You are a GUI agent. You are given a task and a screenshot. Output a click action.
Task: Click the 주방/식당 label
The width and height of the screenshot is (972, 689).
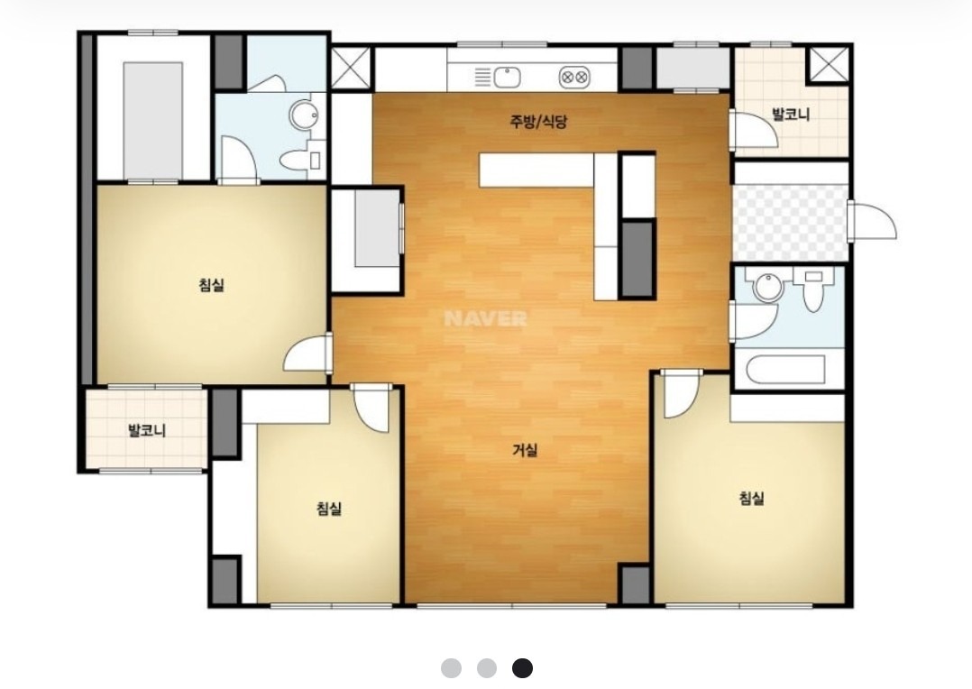tap(538, 121)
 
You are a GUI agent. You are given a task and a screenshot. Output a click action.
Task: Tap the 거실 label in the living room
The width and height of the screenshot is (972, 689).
tap(525, 450)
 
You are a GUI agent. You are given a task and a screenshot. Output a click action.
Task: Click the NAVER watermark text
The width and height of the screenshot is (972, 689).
tap(485, 318)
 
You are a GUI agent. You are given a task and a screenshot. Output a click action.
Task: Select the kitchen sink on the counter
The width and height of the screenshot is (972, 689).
tap(507, 78)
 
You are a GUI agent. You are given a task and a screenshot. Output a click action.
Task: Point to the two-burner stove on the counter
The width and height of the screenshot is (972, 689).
tap(574, 78)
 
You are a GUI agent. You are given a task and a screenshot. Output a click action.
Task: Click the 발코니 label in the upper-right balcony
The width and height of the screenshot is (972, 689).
tap(791, 115)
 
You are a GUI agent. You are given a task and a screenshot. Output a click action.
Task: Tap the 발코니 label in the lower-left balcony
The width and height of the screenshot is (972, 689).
tap(147, 430)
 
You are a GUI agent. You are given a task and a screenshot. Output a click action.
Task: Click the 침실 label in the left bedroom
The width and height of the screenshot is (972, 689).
tap(211, 285)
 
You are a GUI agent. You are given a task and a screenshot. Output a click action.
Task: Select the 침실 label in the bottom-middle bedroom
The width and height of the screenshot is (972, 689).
tap(329, 509)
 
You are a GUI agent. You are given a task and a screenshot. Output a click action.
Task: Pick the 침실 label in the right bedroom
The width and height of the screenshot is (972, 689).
tap(751, 498)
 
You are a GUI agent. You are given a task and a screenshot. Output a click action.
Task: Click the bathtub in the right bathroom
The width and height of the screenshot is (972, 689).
tap(785, 370)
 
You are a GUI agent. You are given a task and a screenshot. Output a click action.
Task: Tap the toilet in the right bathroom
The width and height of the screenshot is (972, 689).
tap(812, 290)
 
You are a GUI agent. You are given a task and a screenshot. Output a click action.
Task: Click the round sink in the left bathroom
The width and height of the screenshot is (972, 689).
tap(305, 115)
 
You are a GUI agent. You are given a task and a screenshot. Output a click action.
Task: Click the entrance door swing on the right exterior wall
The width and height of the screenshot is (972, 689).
tap(872, 219)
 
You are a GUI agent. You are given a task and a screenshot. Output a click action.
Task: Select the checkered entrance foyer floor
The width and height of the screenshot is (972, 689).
tap(790, 223)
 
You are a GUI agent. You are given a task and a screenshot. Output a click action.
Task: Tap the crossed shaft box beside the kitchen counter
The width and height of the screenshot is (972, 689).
tap(350, 68)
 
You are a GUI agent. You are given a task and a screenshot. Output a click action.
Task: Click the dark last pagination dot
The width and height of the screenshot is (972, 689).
tap(523, 668)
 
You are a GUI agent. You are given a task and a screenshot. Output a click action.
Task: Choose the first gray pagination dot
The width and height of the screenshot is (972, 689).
tap(451, 668)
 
